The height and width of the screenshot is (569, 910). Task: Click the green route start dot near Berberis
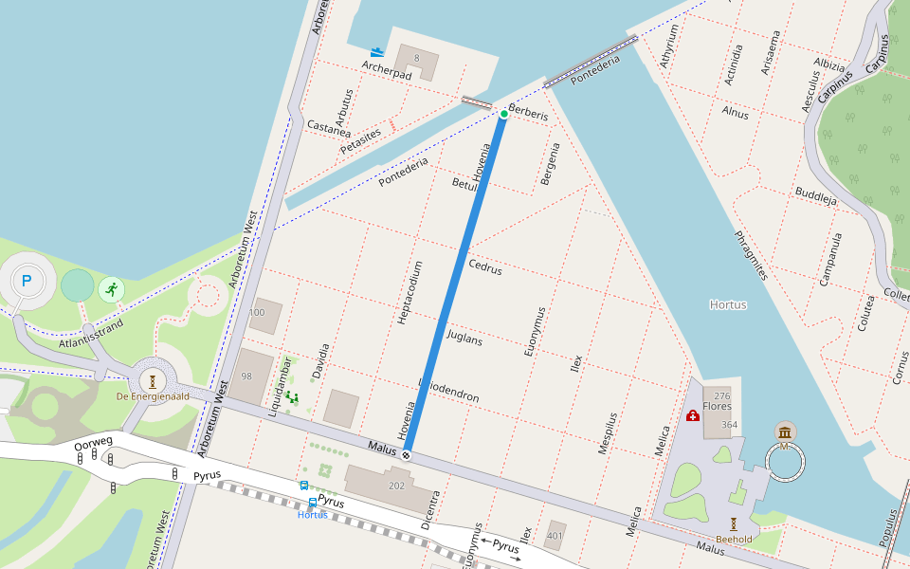(x=503, y=114)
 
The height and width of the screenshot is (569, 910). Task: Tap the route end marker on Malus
(x=407, y=456)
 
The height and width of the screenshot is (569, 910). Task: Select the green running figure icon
(x=112, y=288)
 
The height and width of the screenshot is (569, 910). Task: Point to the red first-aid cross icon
(x=693, y=415)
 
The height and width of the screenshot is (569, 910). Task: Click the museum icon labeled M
(x=785, y=433)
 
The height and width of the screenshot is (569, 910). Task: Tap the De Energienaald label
(x=153, y=395)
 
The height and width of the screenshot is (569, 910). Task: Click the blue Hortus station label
(x=312, y=515)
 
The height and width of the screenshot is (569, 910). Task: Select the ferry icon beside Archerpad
(x=377, y=52)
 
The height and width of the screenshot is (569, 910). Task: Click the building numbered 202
(x=395, y=485)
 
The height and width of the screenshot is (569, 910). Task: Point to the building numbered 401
(x=555, y=536)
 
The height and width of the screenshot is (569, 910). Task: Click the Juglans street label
(x=464, y=337)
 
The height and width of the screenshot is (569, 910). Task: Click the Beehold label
(x=734, y=539)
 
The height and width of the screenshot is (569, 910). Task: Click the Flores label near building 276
(x=717, y=406)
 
